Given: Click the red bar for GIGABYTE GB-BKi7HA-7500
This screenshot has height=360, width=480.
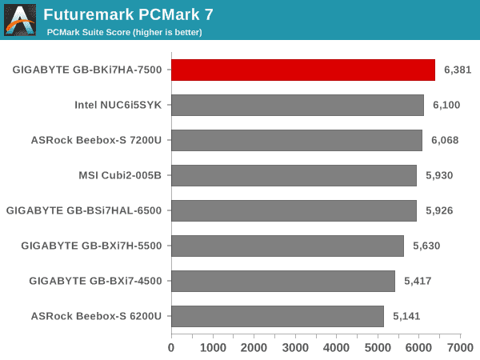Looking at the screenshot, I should click(303, 70).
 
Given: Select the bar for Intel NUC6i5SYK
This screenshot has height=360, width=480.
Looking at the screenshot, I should click(298, 105).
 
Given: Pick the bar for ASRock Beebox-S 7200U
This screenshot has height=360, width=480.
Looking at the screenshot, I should click(297, 140).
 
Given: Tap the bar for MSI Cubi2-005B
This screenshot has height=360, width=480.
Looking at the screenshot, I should click(294, 175).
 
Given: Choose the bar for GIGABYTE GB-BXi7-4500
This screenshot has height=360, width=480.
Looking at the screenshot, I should click(283, 281).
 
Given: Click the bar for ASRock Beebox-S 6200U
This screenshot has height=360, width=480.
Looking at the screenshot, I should click(278, 316).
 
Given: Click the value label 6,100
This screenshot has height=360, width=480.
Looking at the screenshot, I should click(446, 105).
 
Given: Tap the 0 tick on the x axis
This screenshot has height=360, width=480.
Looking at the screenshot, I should click(171, 348).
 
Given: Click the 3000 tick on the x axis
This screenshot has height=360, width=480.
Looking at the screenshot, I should click(295, 348).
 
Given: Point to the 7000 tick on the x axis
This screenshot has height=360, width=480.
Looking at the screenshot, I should click(460, 348).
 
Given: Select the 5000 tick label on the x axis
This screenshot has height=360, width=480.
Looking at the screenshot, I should click(378, 348).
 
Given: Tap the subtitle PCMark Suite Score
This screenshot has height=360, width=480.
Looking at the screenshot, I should click(124, 32).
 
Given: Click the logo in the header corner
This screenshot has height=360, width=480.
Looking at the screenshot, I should click(20, 20).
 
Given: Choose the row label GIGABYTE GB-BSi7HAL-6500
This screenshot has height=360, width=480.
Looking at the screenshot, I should click(84, 210).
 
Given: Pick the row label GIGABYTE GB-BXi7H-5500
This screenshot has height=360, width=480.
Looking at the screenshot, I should click(92, 246).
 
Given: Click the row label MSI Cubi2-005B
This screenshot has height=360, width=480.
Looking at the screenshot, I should click(120, 175).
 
